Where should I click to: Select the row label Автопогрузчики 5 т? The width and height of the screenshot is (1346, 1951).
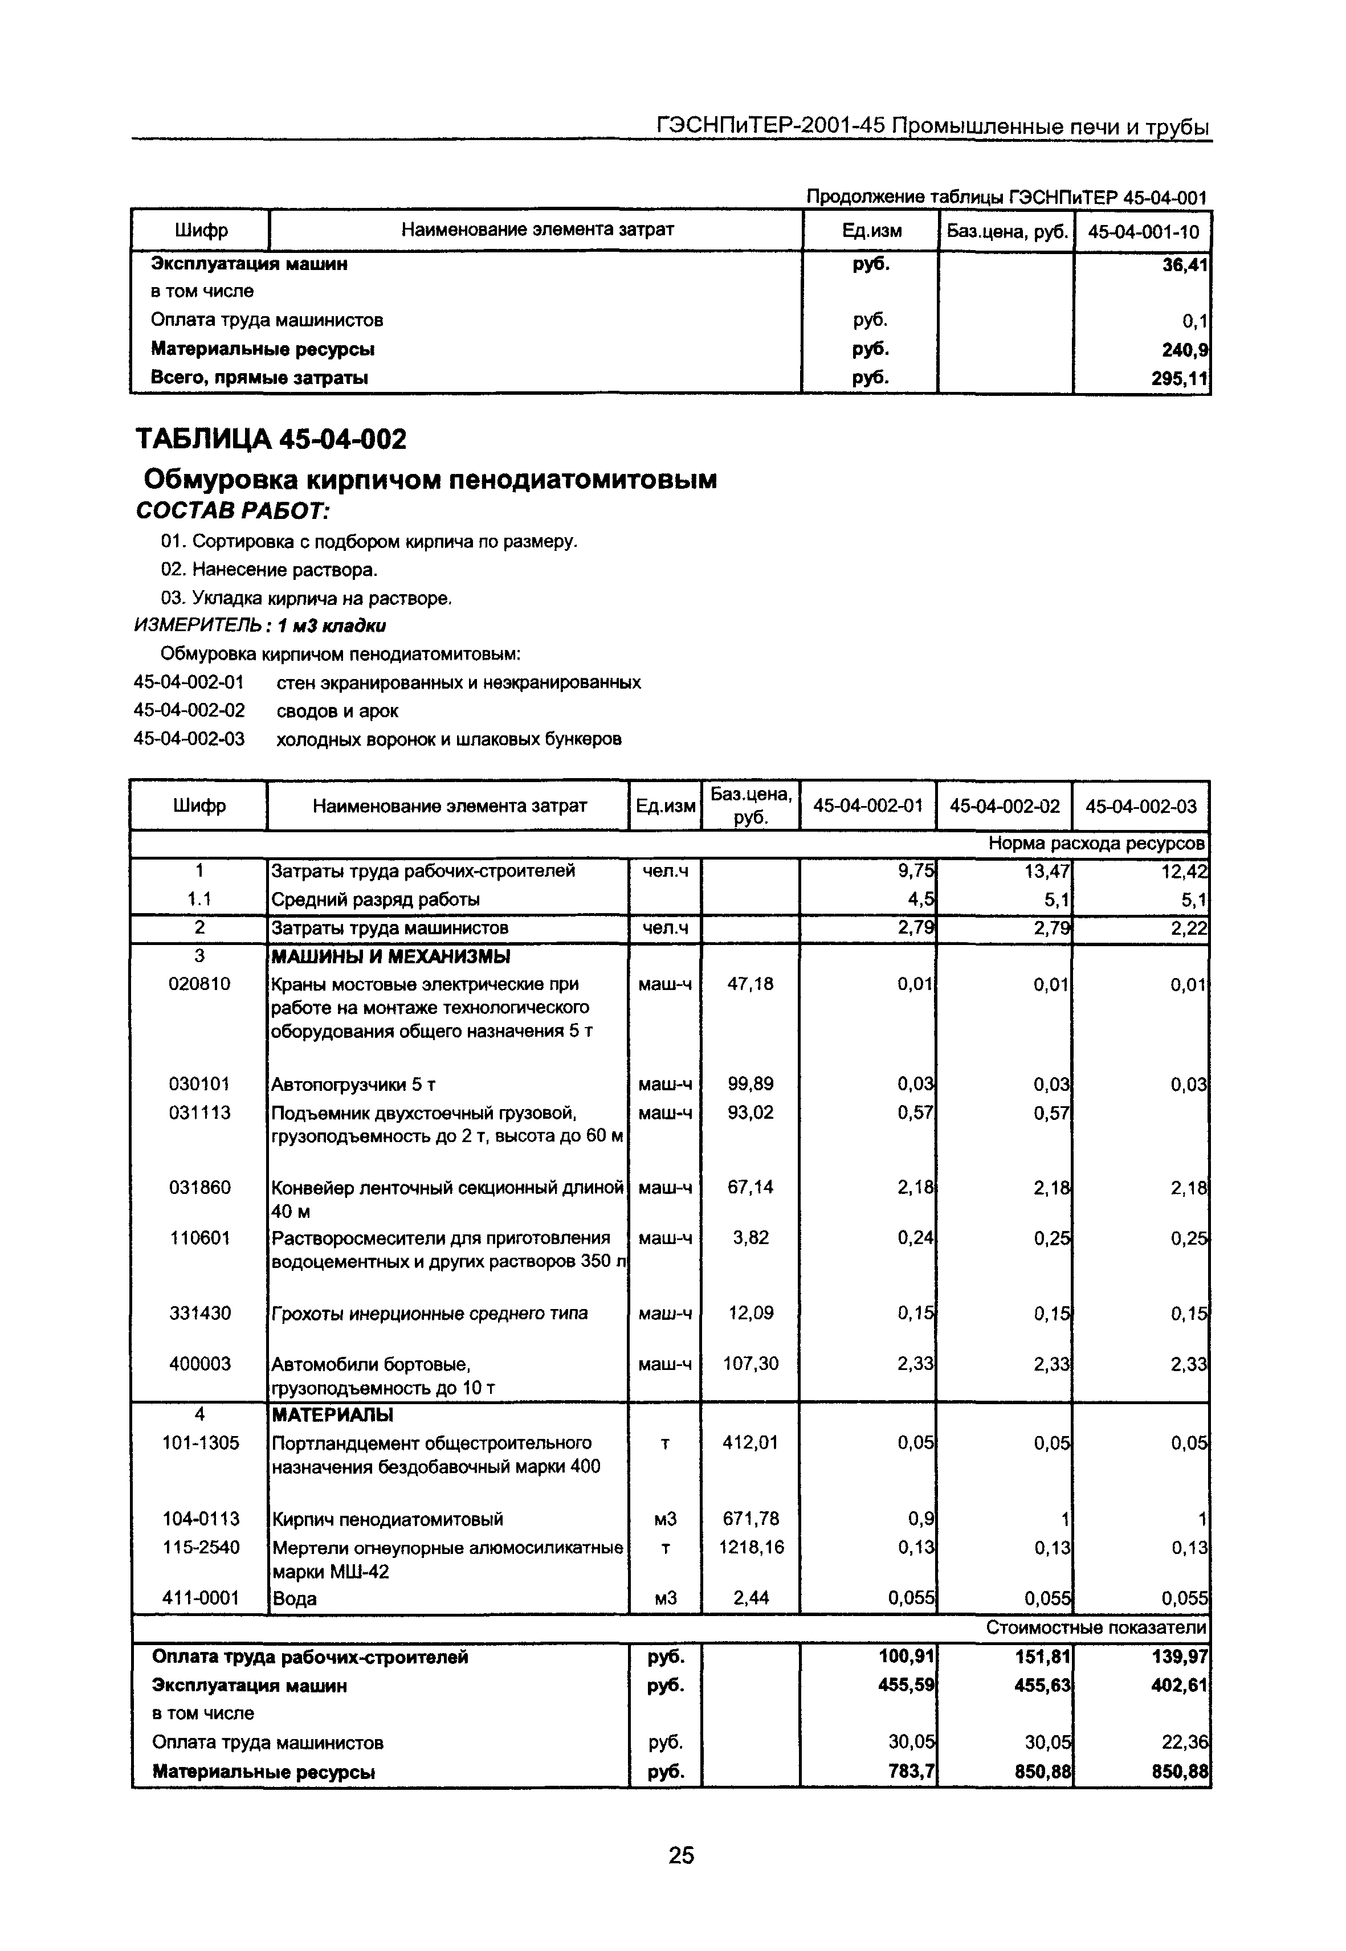353,1084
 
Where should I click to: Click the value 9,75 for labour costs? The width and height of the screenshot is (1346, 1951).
915,871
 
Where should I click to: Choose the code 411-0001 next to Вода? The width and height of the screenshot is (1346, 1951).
200,1598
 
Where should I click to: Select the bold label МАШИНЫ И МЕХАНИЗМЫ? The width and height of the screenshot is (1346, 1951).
390,956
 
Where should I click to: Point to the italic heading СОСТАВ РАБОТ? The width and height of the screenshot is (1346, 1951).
233,511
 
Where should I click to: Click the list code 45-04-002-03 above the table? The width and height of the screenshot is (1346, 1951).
189,739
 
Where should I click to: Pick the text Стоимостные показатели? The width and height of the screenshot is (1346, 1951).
1095,1628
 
